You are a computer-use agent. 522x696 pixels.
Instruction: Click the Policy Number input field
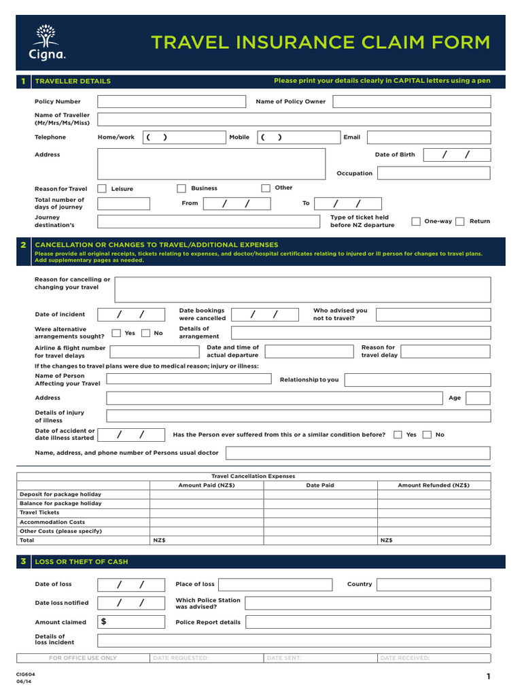(x=171, y=102)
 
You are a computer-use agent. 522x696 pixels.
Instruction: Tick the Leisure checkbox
(x=102, y=188)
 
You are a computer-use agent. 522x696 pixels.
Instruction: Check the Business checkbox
(x=181, y=188)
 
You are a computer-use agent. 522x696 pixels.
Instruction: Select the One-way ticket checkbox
(x=415, y=221)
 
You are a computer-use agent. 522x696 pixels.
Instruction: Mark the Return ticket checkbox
(x=460, y=221)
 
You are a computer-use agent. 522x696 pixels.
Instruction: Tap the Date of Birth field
(x=456, y=155)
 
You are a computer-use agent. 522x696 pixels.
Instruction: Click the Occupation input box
(x=433, y=173)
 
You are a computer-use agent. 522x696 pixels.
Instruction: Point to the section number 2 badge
(x=23, y=245)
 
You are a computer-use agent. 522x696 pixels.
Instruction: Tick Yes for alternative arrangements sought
(x=116, y=333)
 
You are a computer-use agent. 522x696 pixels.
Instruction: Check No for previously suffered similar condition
(x=427, y=434)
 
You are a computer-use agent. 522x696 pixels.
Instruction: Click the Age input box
(x=477, y=398)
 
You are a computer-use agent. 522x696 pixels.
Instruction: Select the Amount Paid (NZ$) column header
(x=207, y=485)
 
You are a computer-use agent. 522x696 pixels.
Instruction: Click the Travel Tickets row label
(x=39, y=512)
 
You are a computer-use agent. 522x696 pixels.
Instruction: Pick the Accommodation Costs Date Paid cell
(x=320, y=522)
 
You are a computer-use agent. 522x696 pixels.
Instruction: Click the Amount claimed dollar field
(x=131, y=622)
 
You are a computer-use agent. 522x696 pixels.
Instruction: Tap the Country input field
(x=433, y=585)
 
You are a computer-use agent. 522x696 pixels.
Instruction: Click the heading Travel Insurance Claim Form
(x=319, y=42)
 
